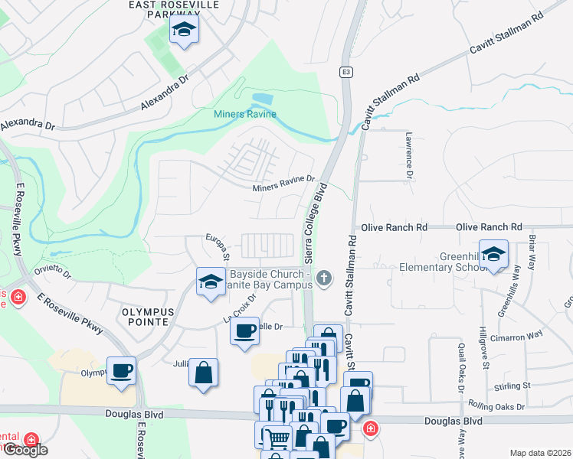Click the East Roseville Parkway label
point(174,8)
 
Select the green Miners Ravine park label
point(244,114)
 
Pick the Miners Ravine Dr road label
point(283,184)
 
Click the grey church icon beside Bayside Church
point(325,278)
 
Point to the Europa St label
point(217,247)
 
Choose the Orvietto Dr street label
point(51,273)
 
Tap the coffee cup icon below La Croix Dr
point(245,332)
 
